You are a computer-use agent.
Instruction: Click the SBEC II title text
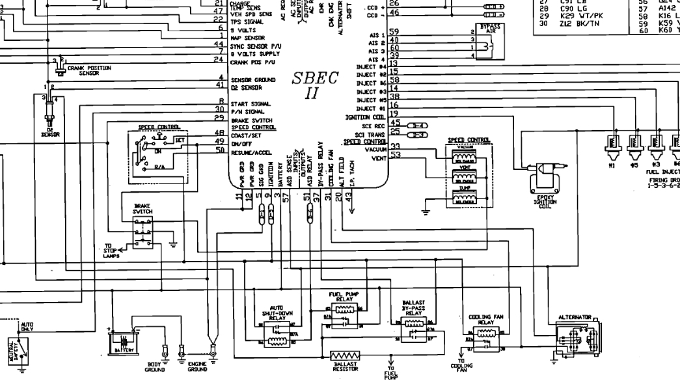[x=315, y=85]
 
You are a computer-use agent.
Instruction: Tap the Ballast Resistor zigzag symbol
[x=345, y=357]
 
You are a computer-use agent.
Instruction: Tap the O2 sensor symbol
[x=49, y=111]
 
